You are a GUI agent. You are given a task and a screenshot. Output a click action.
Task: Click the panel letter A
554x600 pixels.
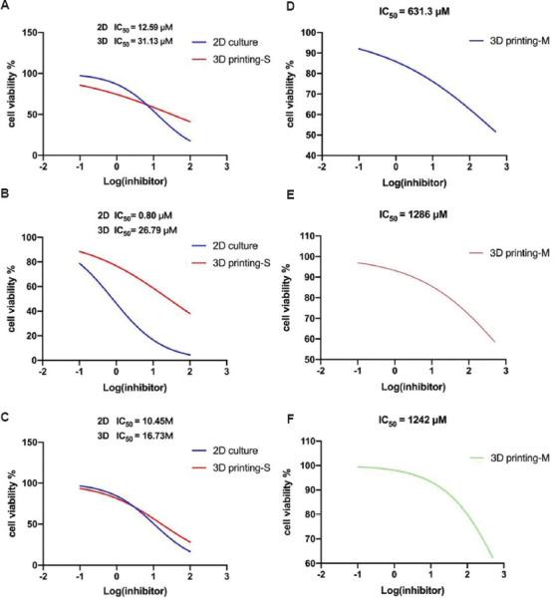click(7, 7)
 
